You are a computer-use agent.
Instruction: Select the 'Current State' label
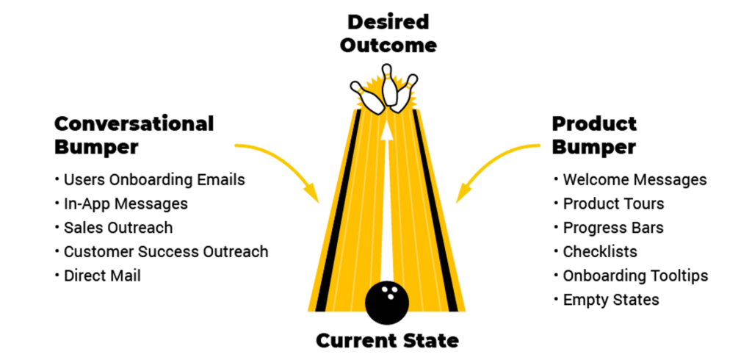387,341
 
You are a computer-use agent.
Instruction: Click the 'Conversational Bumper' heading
134,134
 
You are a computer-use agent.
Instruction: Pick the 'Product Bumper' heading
594,134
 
